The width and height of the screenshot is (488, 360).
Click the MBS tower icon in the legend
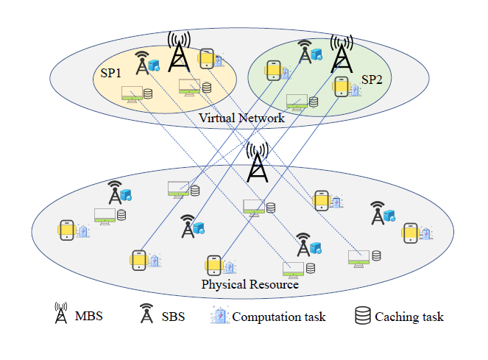(60, 314)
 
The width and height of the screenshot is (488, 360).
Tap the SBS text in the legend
(174, 317)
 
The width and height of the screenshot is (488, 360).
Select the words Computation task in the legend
(279, 317)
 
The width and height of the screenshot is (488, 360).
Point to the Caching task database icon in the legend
(361, 316)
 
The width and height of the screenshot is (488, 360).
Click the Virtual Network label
(241, 118)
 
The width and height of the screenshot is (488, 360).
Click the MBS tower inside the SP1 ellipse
(178, 52)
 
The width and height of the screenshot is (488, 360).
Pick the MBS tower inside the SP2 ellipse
(339, 54)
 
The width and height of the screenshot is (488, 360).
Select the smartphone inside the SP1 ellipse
(207, 58)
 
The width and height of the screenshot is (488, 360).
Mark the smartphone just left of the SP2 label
(340, 86)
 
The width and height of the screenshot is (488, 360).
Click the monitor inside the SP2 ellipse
(297, 102)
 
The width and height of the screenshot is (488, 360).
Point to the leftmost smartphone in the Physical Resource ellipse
(66, 230)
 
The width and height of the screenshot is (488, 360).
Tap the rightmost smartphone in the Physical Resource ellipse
(410, 233)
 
